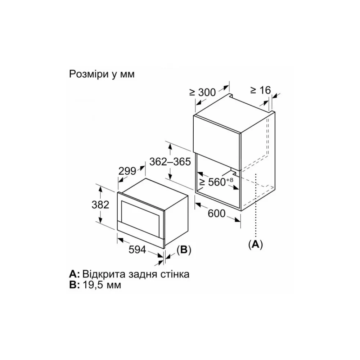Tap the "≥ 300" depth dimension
click(202, 92)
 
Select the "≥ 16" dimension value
click(261, 90)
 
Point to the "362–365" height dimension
click(170, 162)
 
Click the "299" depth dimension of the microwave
click(127, 171)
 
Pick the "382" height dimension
click(100, 205)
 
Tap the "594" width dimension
click(137, 250)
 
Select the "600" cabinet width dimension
click(216, 214)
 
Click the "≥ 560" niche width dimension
click(213, 182)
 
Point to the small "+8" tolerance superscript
click(230, 180)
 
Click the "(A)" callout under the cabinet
click(256, 245)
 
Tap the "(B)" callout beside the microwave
click(184, 250)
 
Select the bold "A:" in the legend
click(75, 274)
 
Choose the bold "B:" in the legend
click(75, 285)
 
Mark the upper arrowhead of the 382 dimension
click(100, 189)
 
